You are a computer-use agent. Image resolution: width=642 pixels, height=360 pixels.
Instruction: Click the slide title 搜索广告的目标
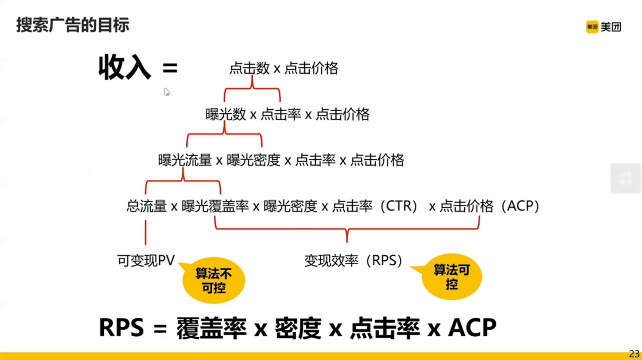(73, 25)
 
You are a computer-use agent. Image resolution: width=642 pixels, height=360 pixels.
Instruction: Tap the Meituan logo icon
(592, 27)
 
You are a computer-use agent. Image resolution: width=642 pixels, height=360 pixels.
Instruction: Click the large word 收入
(124, 67)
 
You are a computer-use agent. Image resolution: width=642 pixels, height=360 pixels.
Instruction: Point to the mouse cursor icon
(167, 92)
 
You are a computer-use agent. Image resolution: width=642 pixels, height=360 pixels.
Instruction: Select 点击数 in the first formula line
(249, 68)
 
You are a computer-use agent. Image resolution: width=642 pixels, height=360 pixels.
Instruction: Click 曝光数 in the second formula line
(225, 114)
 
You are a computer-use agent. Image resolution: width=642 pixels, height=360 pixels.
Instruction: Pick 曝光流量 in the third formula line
(185, 160)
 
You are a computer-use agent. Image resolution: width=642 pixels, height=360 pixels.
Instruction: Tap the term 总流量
(146, 206)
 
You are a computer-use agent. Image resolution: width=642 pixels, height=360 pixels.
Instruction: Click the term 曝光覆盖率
(215, 206)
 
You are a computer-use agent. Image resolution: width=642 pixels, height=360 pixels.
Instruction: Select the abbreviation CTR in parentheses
(399, 206)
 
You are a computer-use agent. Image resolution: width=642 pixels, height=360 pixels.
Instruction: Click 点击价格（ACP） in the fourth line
(489, 206)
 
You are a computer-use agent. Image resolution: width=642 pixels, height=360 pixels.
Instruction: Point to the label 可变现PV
(146, 260)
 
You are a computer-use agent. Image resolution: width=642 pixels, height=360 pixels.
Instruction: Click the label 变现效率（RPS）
(353, 260)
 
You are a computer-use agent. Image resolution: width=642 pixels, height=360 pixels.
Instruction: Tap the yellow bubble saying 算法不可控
(214, 280)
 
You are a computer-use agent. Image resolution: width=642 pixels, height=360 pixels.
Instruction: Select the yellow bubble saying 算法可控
(451, 277)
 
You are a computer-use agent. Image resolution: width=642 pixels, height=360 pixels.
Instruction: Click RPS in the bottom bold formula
(121, 328)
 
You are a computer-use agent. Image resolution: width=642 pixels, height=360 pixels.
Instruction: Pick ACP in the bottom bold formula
(472, 328)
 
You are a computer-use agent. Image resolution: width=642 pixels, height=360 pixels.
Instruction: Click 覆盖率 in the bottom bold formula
(211, 328)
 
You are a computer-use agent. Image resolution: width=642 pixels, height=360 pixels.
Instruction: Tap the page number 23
(634, 354)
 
